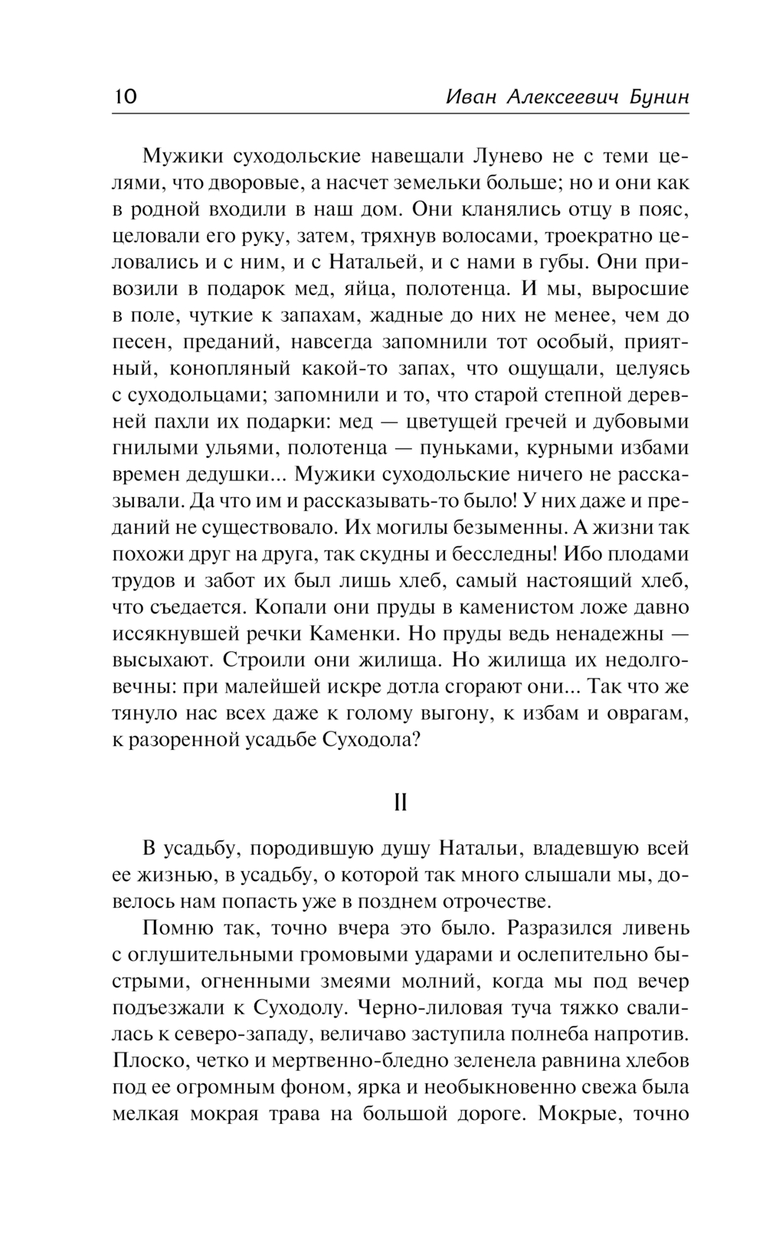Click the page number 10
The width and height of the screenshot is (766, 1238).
click(x=125, y=97)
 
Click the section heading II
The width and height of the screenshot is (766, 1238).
click(x=400, y=802)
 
